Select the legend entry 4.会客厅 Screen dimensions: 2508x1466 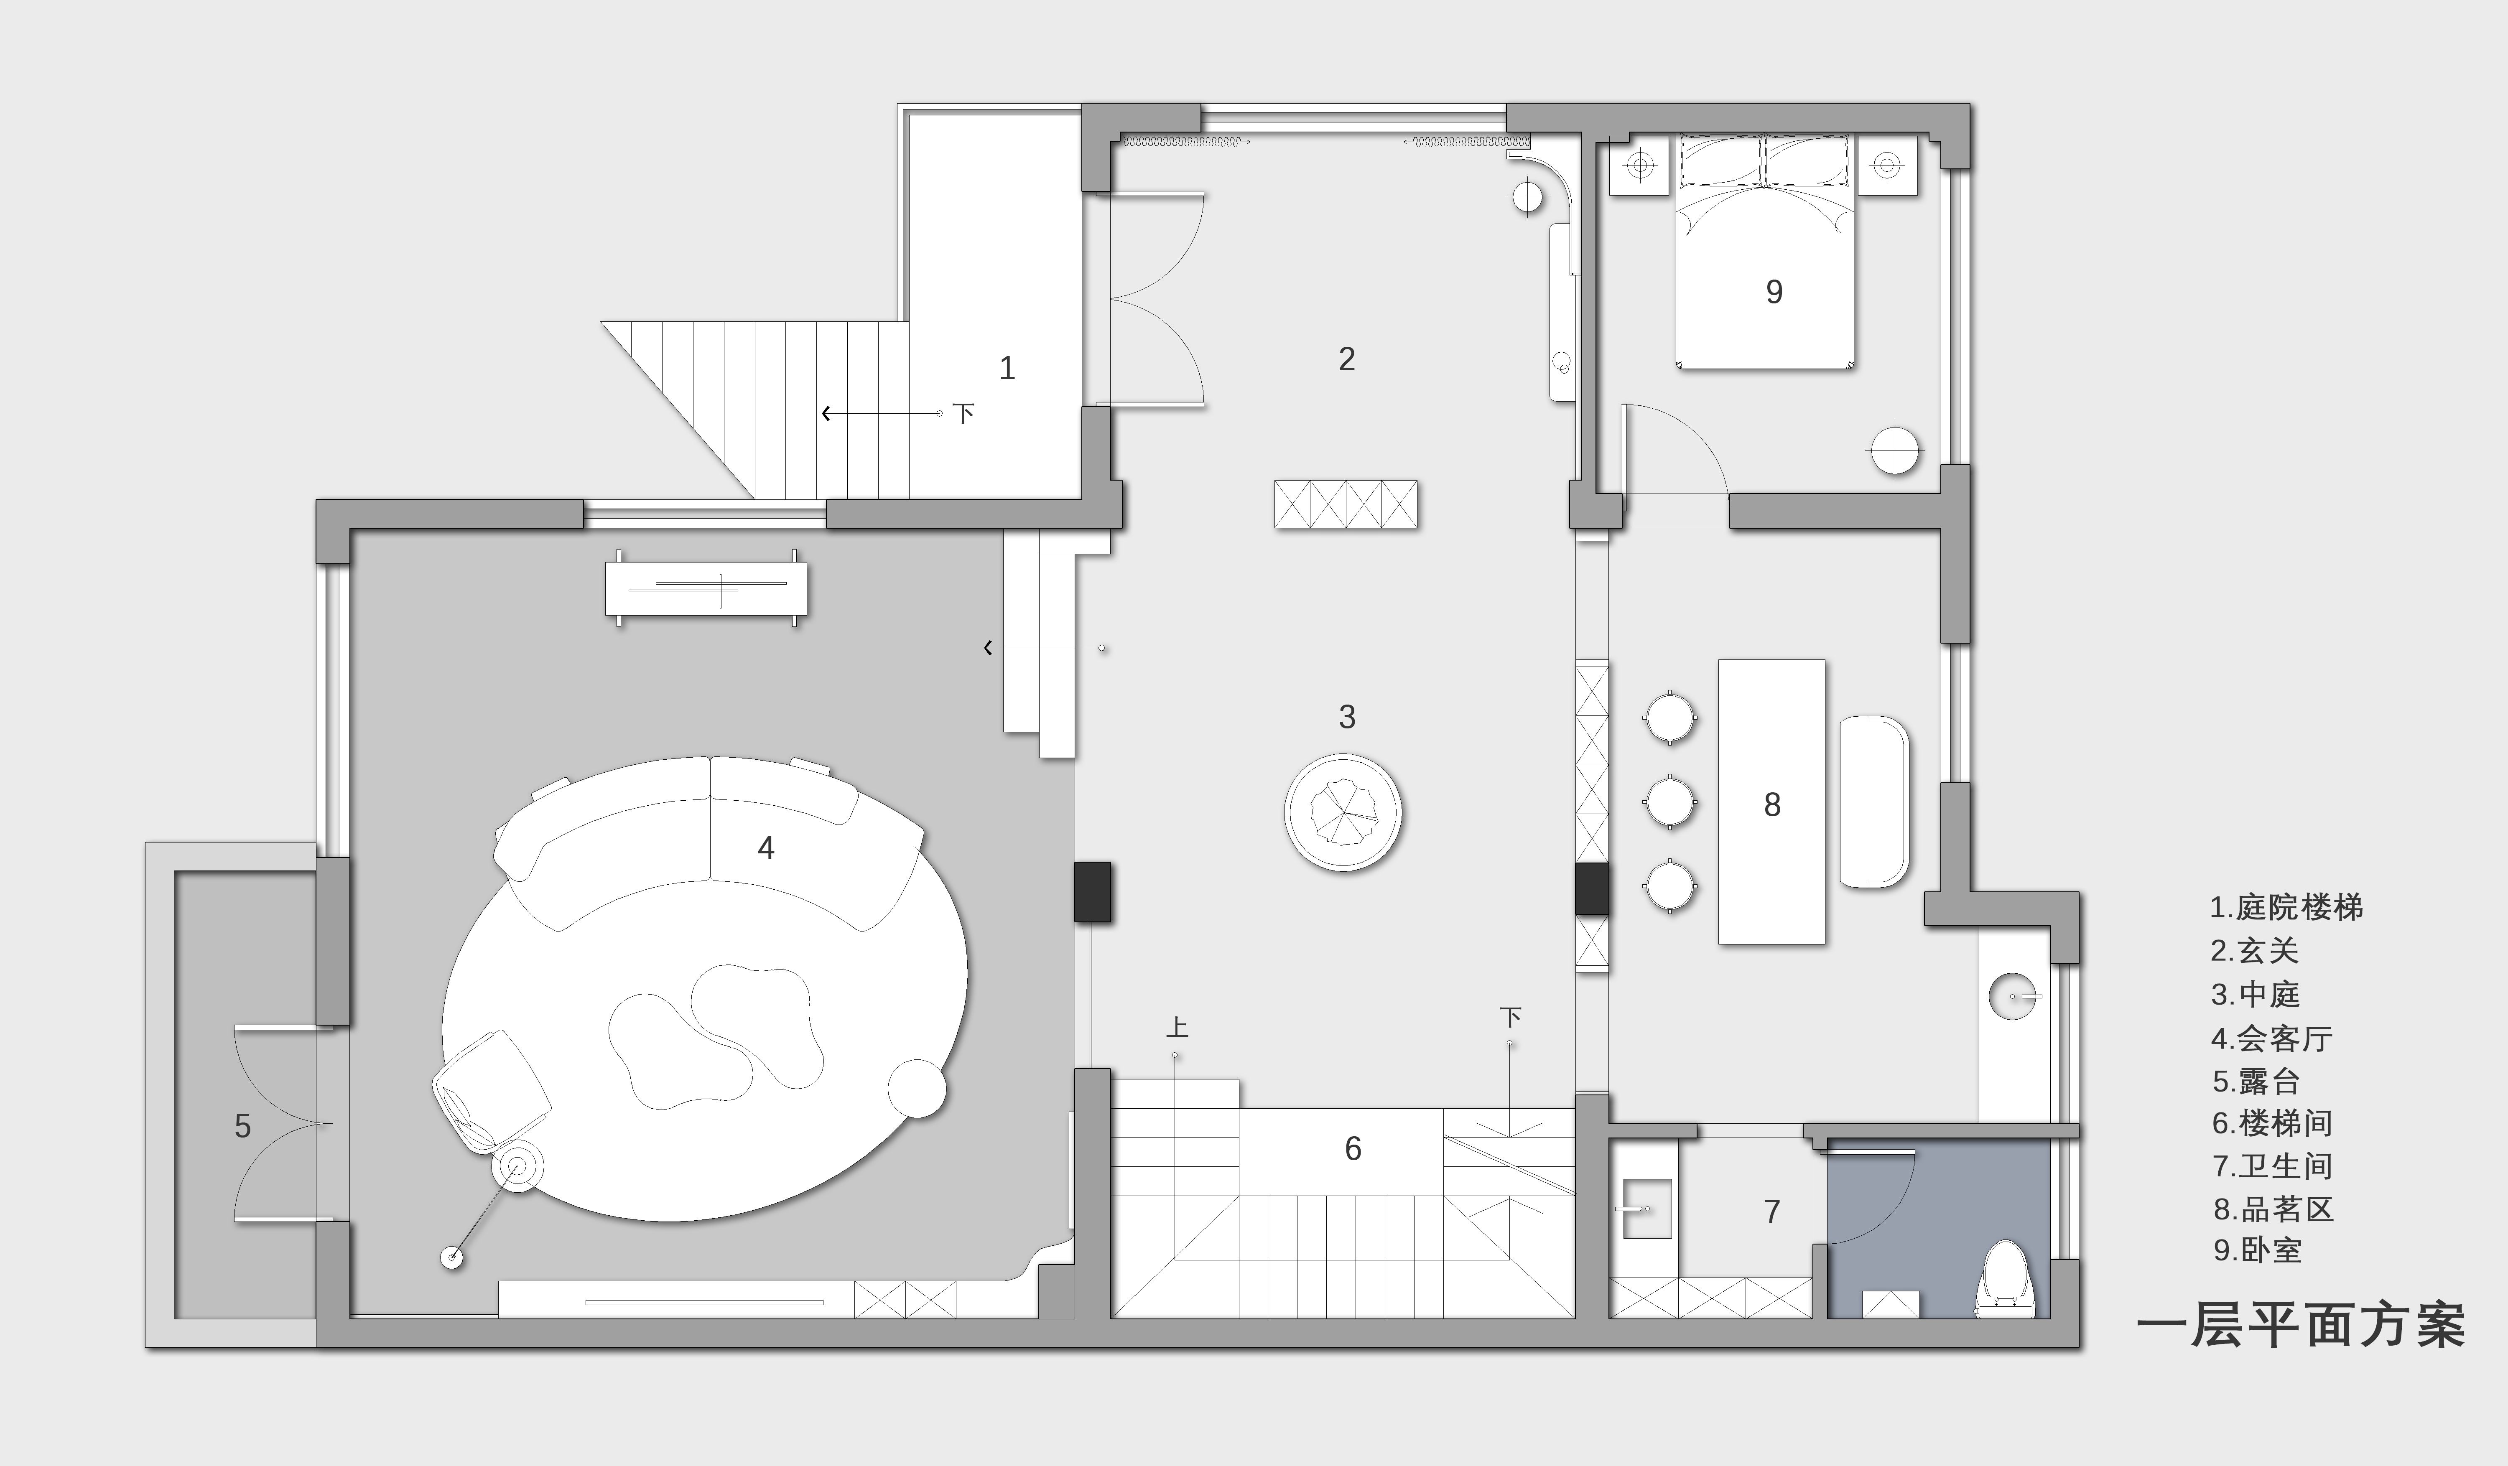(x=2272, y=1038)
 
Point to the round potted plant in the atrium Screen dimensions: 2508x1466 (x=1343, y=812)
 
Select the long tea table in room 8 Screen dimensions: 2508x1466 (x=1771, y=801)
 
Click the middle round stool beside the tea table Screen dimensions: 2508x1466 (x=1670, y=802)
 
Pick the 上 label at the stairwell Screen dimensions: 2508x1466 (x=1176, y=1027)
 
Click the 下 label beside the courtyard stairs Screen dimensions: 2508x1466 (x=962, y=413)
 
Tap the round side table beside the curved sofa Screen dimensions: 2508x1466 (x=915, y=1088)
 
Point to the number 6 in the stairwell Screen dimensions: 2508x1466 (x=1353, y=1148)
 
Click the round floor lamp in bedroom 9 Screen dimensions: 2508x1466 (x=1894, y=451)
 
